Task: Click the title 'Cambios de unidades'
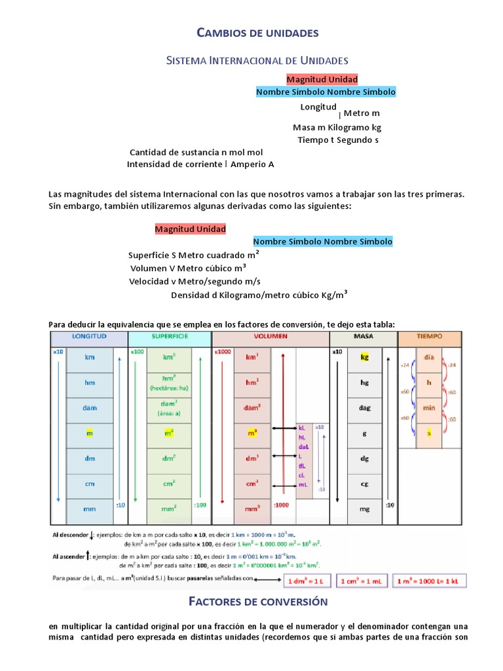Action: point(257,32)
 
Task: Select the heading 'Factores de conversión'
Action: point(257,601)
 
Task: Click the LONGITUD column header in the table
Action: point(89,336)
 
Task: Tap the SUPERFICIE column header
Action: point(170,336)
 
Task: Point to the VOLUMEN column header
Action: point(270,336)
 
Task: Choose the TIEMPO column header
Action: point(429,336)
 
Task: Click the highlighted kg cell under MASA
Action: point(364,358)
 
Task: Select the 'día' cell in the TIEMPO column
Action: point(429,358)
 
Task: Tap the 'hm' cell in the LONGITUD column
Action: point(90,383)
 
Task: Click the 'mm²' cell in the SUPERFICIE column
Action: point(170,508)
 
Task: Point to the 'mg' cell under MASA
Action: point(364,508)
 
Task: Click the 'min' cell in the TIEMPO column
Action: point(429,408)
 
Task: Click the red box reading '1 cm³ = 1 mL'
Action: point(362,581)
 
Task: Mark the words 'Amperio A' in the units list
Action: point(253,164)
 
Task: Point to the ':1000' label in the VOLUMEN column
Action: point(282,505)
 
